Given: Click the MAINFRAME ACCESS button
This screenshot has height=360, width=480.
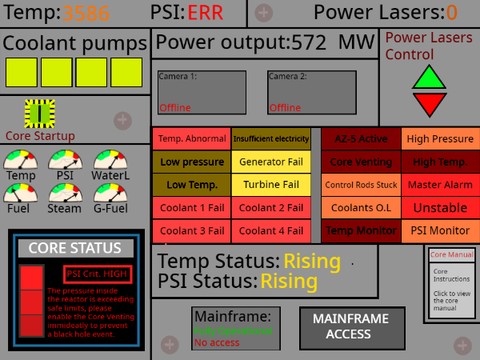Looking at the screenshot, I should tap(352, 327).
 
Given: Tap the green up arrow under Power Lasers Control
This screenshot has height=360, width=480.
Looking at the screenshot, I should tap(430, 77).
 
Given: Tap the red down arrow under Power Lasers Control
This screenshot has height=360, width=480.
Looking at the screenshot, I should tap(430, 103).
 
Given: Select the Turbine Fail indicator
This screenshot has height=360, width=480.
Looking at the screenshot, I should tap(271, 184).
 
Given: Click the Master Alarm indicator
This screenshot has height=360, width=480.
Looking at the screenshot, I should tap(440, 184).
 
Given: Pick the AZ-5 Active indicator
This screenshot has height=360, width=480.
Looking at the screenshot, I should tap(360, 139).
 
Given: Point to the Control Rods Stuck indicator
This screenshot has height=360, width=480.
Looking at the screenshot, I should tap(360, 184).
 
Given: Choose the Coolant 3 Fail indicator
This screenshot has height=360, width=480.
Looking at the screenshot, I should tap(191, 230).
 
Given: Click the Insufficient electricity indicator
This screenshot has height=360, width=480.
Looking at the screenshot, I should tap(271, 139).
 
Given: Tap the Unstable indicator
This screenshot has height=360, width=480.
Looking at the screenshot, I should tap(440, 207).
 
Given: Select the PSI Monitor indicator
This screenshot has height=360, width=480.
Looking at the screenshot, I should tap(440, 230).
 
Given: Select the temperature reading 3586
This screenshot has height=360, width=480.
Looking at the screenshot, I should tap(88, 13).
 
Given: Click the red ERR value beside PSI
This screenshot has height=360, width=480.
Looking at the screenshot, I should tap(204, 13).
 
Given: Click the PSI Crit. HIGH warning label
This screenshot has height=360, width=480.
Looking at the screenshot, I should tap(97, 273).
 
